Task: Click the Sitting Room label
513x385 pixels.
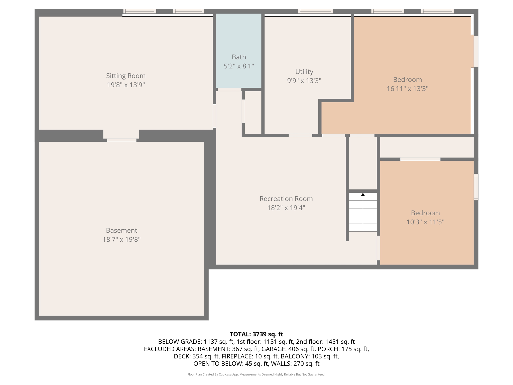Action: (x=126, y=76)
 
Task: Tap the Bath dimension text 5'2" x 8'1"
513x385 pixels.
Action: (x=239, y=66)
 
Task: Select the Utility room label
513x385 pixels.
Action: (x=304, y=72)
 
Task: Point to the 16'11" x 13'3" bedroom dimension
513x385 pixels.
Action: (x=407, y=89)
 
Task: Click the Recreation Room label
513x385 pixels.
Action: (x=286, y=199)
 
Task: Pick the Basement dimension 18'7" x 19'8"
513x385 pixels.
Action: (x=121, y=240)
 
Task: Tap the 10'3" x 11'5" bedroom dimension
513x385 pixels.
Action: (x=425, y=222)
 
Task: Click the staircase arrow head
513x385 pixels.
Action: (x=363, y=195)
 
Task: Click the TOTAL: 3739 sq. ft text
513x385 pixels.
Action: (x=256, y=334)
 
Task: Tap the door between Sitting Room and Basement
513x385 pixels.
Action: (x=121, y=140)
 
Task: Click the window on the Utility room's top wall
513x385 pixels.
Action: (x=315, y=11)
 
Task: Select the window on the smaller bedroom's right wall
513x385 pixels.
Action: (x=476, y=187)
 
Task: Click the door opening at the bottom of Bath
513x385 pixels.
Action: (x=229, y=89)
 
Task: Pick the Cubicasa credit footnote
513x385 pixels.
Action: (x=256, y=374)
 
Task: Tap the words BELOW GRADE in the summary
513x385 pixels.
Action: (x=180, y=342)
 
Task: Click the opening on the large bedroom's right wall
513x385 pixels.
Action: (x=476, y=51)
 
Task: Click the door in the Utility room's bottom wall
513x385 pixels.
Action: (x=300, y=135)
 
